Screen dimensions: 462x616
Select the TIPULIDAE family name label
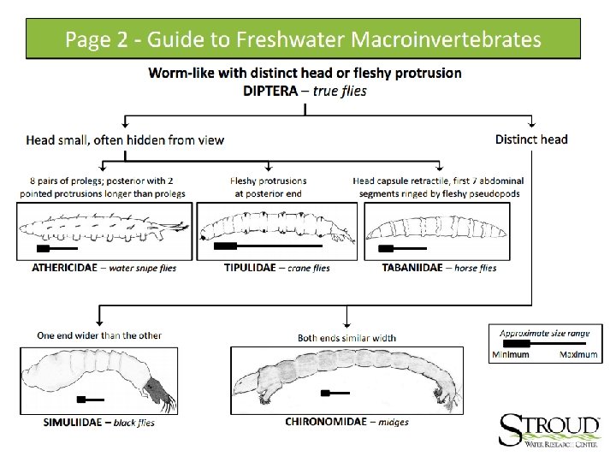pyautogui.click(x=249, y=267)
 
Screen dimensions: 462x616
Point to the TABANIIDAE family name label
pyautogui.click(x=412, y=267)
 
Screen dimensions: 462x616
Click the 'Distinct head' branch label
pyautogui.click(x=531, y=139)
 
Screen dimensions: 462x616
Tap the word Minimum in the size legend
pyautogui.click(x=512, y=354)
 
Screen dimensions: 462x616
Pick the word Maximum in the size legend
pyautogui.click(x=578, y=354)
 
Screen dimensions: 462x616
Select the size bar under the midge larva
pyautogui.click(x=335, y=394)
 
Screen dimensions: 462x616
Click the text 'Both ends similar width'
pyautogui.click(x=346, y=337)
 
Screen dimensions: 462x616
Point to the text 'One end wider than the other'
pyautogui.click(x=99, y=335)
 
